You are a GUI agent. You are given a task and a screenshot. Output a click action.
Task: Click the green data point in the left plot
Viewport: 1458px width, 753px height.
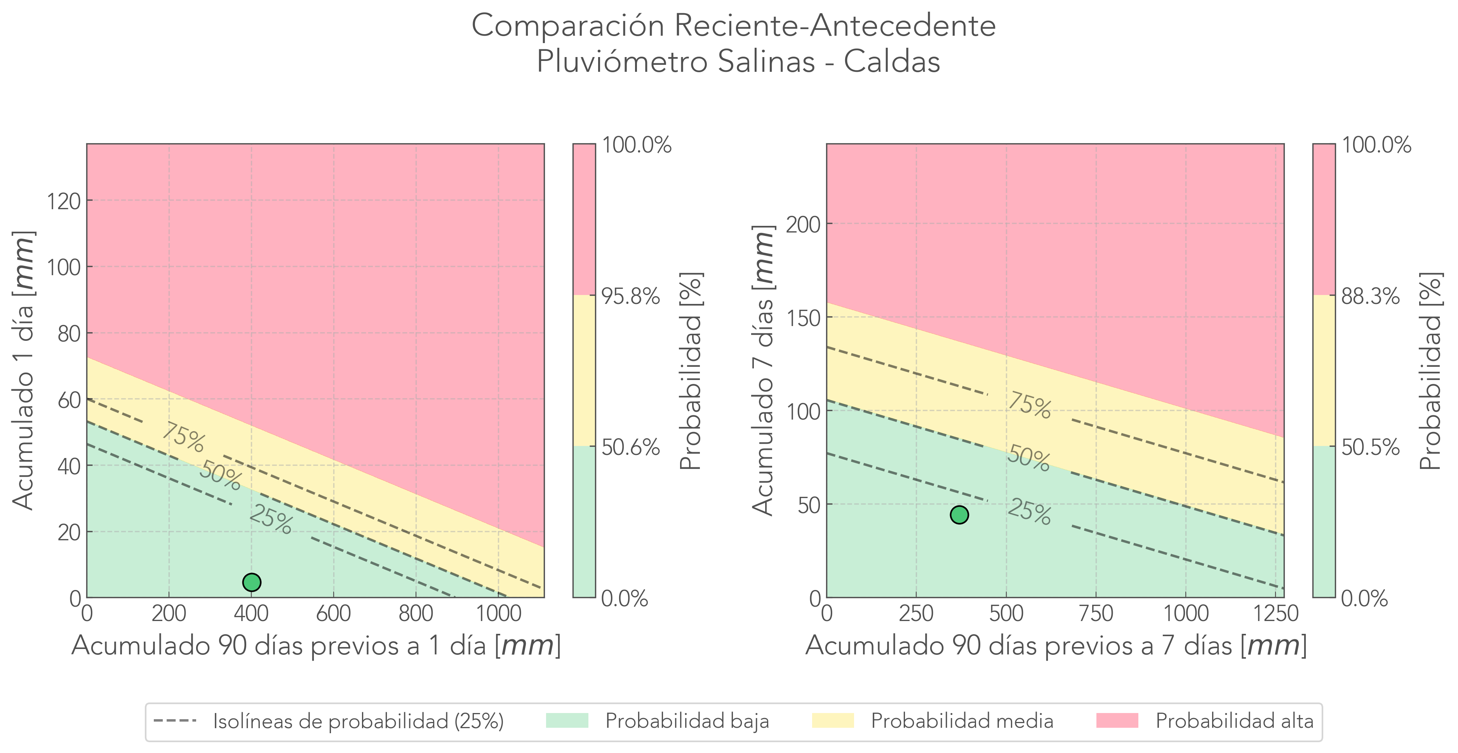click(251, 582)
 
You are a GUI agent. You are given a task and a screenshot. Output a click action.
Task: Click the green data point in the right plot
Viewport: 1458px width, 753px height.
click(959, 515)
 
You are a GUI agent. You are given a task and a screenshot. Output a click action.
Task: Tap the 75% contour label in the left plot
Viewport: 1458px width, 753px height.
click(183, 438)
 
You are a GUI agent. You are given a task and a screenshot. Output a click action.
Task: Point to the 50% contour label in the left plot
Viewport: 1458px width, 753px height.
click(220, 475)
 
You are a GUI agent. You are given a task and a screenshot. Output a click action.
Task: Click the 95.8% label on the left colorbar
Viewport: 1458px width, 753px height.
click(630, 296)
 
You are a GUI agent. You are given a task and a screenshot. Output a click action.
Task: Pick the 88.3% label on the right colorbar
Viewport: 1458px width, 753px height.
click(1370, 296)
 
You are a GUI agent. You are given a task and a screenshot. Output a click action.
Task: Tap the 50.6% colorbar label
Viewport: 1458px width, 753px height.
click(630, 448)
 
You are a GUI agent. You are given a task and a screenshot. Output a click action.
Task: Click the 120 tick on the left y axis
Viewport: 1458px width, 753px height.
click(63, 201)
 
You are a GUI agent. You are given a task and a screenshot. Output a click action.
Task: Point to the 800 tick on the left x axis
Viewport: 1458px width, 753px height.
click(416, 614)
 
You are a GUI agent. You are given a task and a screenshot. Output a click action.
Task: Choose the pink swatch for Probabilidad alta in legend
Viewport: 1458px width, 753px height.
click(1117, 721)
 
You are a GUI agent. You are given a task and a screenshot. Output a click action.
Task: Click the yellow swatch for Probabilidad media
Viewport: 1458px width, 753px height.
click(833, 721)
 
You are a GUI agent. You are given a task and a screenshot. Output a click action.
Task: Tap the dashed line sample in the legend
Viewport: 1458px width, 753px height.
click(175, 721)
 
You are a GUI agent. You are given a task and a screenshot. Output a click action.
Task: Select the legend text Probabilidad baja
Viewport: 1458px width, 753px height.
click(687, 721)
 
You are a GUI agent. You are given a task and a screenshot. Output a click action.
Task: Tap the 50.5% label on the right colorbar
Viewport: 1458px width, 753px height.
click(1370, 448)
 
